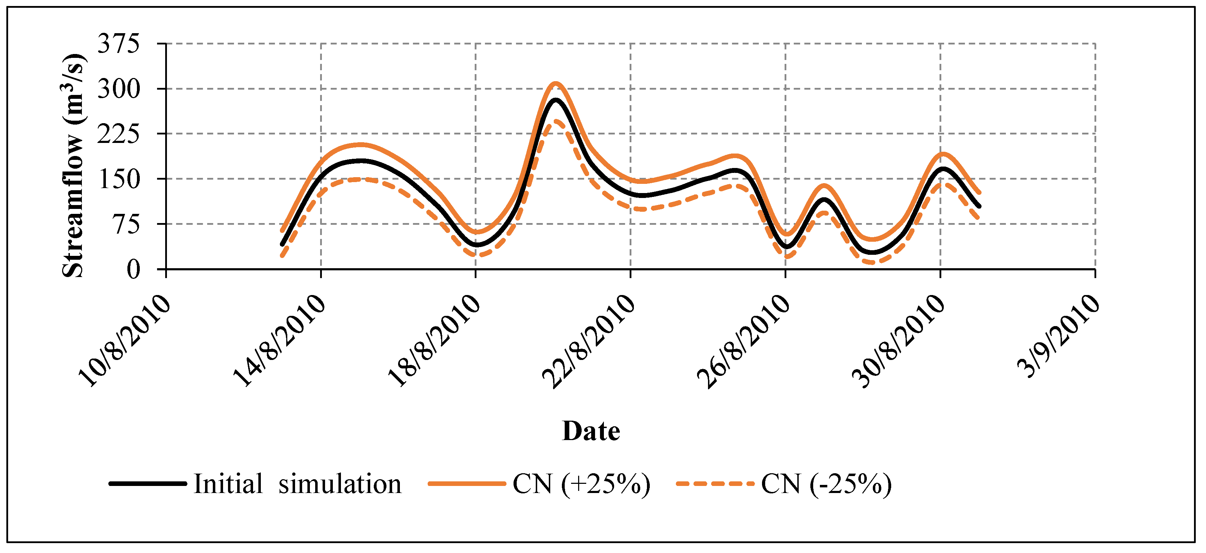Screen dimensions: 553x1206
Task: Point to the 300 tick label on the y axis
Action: coord(119,89)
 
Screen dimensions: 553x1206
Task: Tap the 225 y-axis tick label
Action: coord(119,134)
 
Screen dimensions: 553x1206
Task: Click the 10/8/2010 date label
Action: coord(124,341)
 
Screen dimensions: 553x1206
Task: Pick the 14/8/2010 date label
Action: coord(279,341)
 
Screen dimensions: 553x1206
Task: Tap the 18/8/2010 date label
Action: coord(434,341)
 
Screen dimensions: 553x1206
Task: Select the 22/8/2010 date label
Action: coord(588,341)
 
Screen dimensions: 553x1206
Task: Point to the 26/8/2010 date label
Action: coord(743,341)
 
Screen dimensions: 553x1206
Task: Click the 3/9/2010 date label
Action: coord(1059,336)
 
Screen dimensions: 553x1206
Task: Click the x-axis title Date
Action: coord(591,431)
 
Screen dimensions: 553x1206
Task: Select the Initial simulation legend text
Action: coord(298,484)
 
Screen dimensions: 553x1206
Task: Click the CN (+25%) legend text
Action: coord(581,484)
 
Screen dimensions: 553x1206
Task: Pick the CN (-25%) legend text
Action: coord(826,484)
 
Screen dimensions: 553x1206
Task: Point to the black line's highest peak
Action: coord(556,100)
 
